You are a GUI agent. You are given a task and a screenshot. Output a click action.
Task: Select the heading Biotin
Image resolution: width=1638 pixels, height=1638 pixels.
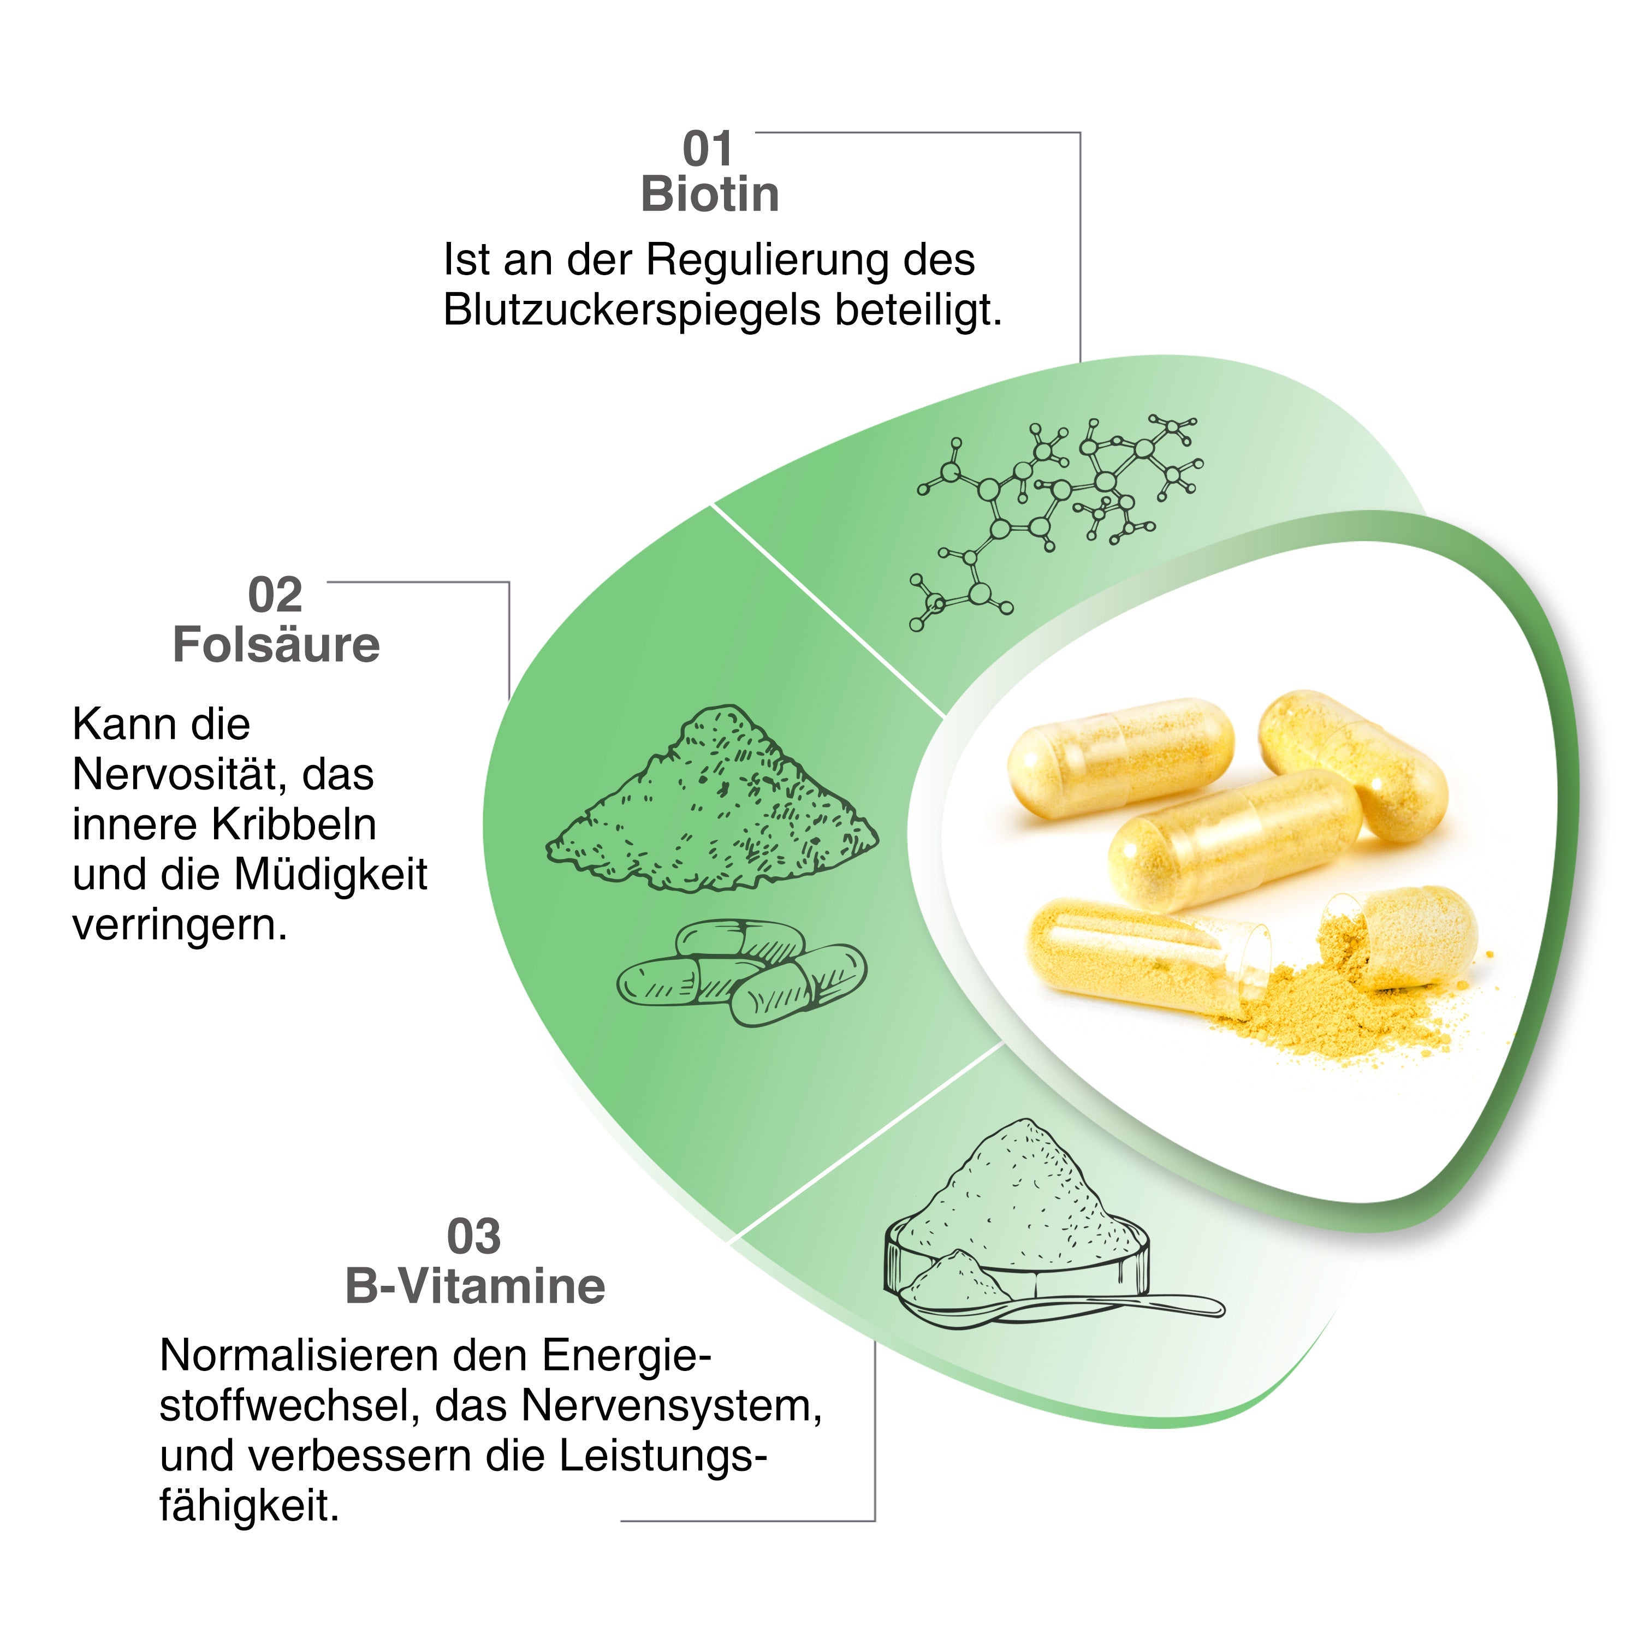(x=710, y=195)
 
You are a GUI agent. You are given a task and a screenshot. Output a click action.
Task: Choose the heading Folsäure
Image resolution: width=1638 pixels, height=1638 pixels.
(x=276, y=645)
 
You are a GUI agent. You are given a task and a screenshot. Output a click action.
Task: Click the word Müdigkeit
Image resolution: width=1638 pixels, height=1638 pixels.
(x=331, y=875)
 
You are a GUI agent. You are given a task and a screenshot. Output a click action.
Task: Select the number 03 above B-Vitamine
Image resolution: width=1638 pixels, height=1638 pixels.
(x=474, y=1237)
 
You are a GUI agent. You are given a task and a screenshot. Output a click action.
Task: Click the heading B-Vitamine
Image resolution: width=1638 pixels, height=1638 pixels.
(x=476, y=1287)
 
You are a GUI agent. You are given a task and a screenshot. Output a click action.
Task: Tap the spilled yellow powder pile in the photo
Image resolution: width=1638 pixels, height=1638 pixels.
(x=1339, y=1009)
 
